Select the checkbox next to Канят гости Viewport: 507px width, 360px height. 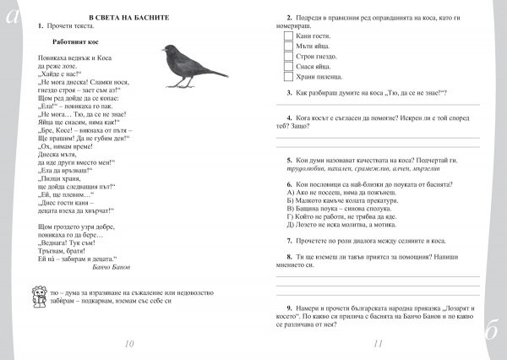[x=288, y=35]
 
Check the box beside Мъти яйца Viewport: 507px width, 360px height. [x=288, y=46]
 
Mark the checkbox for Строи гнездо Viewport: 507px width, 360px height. [x=288, y=56]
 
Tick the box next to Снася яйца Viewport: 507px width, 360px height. [x=288, y=66]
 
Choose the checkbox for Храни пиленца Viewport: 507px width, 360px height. [x=288, y=76]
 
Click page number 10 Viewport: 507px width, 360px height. [x=128, y=343]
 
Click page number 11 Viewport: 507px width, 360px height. [x=378, y=343]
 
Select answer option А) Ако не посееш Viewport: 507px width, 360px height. [x=330, y=194]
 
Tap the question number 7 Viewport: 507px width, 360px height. [x=289, y=240]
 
